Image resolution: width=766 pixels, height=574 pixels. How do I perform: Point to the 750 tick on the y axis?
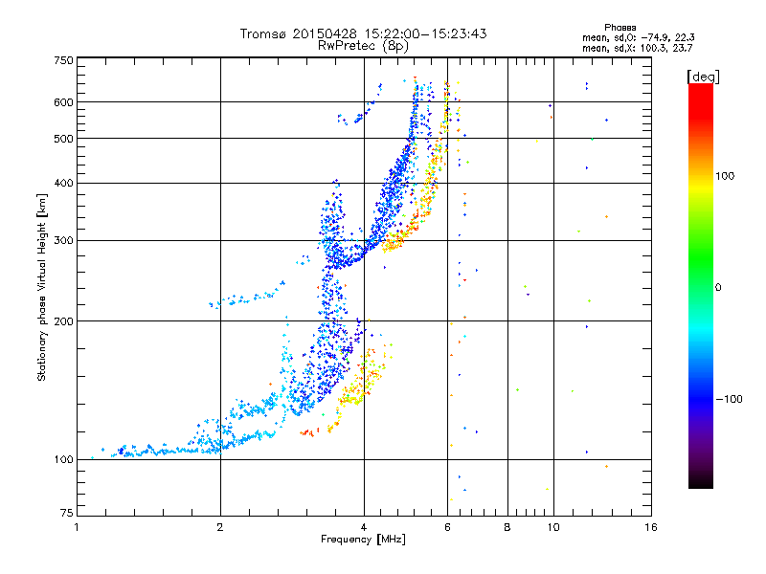coord(63,60)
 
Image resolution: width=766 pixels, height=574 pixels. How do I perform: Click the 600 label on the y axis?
coord(63,102)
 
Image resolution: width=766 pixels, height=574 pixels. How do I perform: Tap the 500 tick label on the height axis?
coord(63,139)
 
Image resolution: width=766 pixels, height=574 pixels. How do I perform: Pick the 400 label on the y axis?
coord(63,183)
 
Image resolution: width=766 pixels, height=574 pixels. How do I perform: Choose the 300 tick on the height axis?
coord(63,240)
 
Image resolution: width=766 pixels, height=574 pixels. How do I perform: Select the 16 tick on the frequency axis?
coord(650,527)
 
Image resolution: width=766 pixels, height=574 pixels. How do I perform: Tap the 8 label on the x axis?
coord(507,527)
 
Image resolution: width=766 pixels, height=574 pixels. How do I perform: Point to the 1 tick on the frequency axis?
coord(77,527)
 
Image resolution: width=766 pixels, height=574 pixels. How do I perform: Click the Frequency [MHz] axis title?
coord(363,540)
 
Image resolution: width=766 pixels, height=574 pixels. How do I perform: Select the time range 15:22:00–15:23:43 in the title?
coord(420,33)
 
